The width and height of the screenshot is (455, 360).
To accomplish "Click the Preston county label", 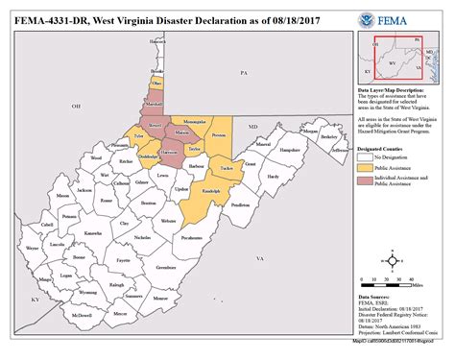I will pos(220,135).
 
